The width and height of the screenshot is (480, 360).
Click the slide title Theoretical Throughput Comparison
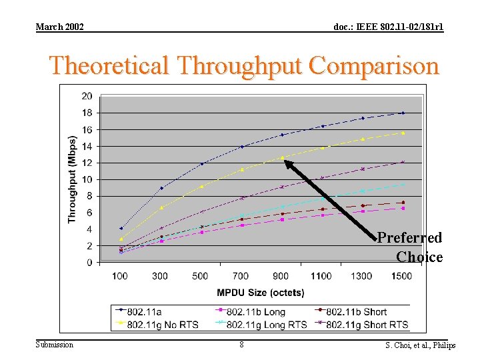pyautogui.click(x=244, y=66)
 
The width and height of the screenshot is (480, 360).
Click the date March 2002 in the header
pyautogui.click(x=59, y=27)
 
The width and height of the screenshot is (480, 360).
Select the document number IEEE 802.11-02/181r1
pyautogui.click(x=388, y=27)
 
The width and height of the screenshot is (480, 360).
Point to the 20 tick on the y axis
pyautogui.click(x=87, y=96)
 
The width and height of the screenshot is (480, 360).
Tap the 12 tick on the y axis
pyautogui.click(x=87, y=163)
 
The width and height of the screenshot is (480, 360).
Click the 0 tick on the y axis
pyautogui.click(x=89, y=263)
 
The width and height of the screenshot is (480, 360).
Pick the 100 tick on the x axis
pyautogui.click(x=121, y=276)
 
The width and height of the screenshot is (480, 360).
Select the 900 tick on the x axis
pyautogui.click(x=281, y=276)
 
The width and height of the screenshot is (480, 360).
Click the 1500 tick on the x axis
pyautogui.click(x=401, y=276)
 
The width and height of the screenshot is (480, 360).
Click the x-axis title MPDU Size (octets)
pyautogui.click(x=261, y=293)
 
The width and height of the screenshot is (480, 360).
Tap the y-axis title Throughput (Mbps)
pyautogui.click(x=72, y=179)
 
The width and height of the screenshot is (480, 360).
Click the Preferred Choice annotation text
pyautogui.click(x=411, y=247)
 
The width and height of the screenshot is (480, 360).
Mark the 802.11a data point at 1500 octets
pyautogui.click(x=402, y=113)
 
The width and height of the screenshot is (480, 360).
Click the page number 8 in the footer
pyautogui.click(x=241, y=345)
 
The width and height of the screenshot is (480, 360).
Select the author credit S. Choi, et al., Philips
pyautogui.click(x=420, y=345)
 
